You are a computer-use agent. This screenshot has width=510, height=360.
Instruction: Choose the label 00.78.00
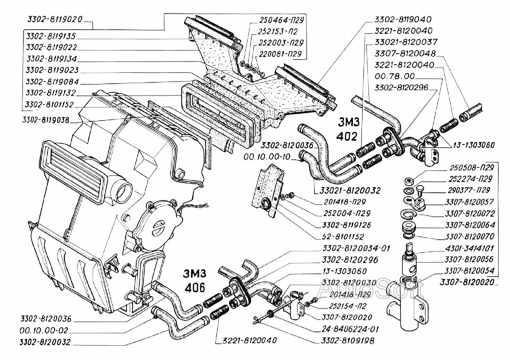click(389, 76)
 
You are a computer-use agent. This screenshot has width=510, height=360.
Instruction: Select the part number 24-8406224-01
click(351, 328)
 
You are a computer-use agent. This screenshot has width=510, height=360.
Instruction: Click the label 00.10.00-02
click(43, 330)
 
